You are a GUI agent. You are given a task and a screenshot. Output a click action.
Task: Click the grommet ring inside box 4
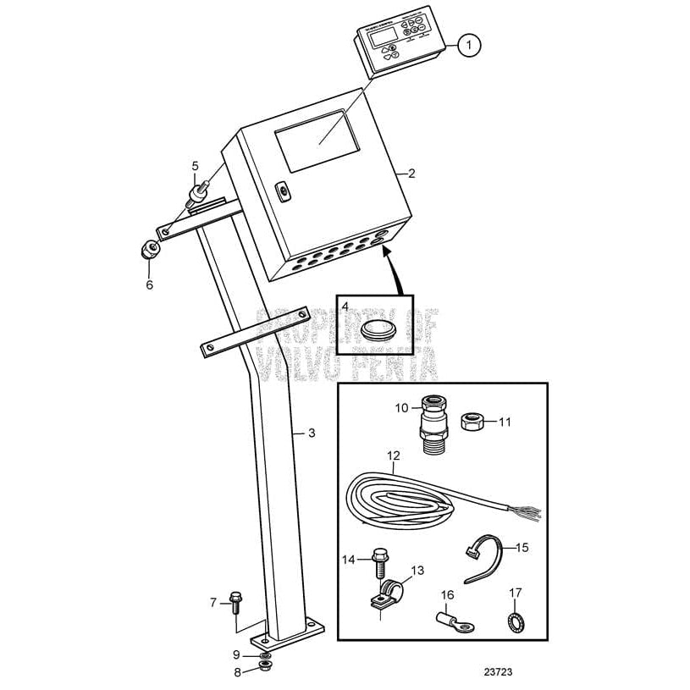pyautogui.click(x=374, y=328)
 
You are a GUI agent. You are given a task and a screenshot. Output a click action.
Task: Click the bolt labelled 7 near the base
pyautogui.click(x=235, y=603)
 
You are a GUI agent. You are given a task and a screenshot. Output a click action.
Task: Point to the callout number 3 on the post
pyautogui.click(x=311, y=433)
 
